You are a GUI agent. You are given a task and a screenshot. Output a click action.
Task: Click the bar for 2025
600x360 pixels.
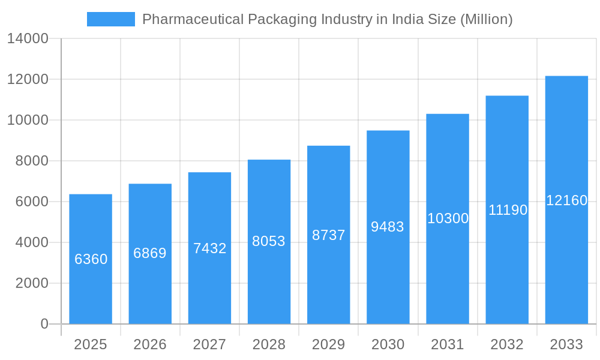(x=91, y=259)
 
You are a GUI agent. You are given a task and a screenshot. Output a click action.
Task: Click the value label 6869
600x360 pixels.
(x=150, y=253)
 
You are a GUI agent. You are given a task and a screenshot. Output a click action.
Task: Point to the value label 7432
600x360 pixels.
(x=209, y=248)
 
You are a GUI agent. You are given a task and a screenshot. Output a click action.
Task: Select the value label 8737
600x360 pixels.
(x=328, y=235)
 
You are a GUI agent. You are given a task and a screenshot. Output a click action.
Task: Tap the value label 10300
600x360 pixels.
(x=448, y=218)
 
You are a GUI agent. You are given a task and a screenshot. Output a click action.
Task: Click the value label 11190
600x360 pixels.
(x=508, y=210)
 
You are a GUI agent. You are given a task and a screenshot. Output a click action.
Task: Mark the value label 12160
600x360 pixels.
(x=566, y=200)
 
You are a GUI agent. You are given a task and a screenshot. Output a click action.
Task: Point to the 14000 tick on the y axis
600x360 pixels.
(x=27, y=38)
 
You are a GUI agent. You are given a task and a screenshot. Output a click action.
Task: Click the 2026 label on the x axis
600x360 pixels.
(x=150, y=344)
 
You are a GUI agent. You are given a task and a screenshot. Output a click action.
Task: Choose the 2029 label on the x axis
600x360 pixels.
(x=328, y=344)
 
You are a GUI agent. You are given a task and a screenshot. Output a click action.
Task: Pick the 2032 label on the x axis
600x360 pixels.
(x=507, y=344)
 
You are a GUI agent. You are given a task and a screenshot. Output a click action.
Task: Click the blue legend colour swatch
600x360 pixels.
(x=111, y=19)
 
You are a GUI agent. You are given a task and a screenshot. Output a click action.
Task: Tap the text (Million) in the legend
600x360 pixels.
(x=486, y=19)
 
